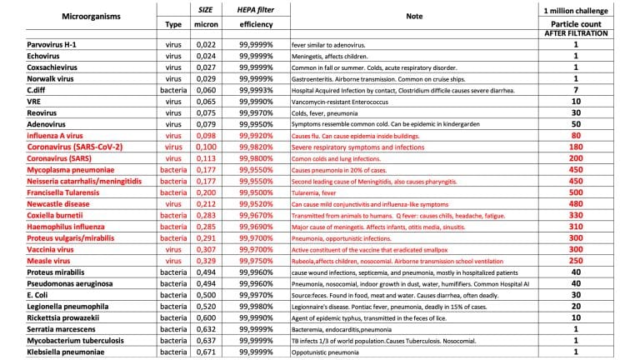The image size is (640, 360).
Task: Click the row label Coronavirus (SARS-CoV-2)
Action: click(x=75, y=147)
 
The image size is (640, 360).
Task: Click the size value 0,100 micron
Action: click(x=205, y=147)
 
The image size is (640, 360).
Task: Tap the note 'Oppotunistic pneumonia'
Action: click(x=328, y=353)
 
